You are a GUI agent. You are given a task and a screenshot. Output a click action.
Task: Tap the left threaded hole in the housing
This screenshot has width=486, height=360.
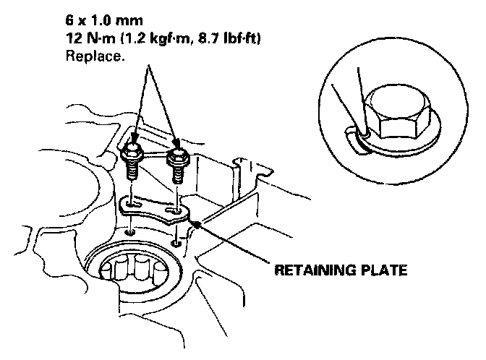(x=129, y=233)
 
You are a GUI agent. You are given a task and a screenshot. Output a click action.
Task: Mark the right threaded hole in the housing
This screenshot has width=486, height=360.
(x=177, y=241)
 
